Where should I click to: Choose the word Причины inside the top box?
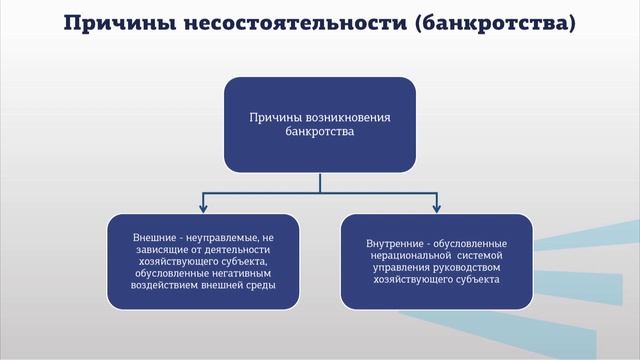(278, 116)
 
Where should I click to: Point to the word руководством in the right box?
(465, 267)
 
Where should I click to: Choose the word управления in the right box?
(395, 267)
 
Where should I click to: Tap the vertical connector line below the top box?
(320, 181)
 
